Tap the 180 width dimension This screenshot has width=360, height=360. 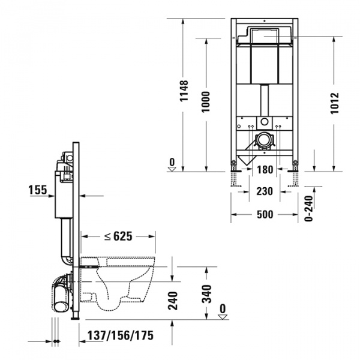(265, 170)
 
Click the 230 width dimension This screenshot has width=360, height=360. (265, 191)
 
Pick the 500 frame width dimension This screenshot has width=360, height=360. (265, 214)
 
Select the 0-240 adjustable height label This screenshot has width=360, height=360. (310, 208)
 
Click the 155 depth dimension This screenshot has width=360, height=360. (38, 190)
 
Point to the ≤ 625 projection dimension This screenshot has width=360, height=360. (118, 236)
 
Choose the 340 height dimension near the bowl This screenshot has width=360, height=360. (207, 294)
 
